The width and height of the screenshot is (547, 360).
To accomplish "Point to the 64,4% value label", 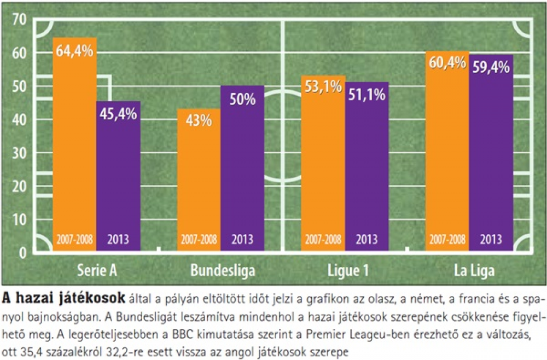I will click(x=74, y=54).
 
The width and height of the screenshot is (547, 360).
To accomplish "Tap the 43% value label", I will click(x=199, y=120).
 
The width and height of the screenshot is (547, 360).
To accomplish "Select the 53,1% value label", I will click(x=323, y=88).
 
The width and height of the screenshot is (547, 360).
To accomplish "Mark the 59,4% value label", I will click(x=491, y=67).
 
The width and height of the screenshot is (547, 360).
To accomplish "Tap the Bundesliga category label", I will click(x=223, y=271).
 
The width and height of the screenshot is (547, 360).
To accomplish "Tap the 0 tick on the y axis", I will click(x=23, y=253).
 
